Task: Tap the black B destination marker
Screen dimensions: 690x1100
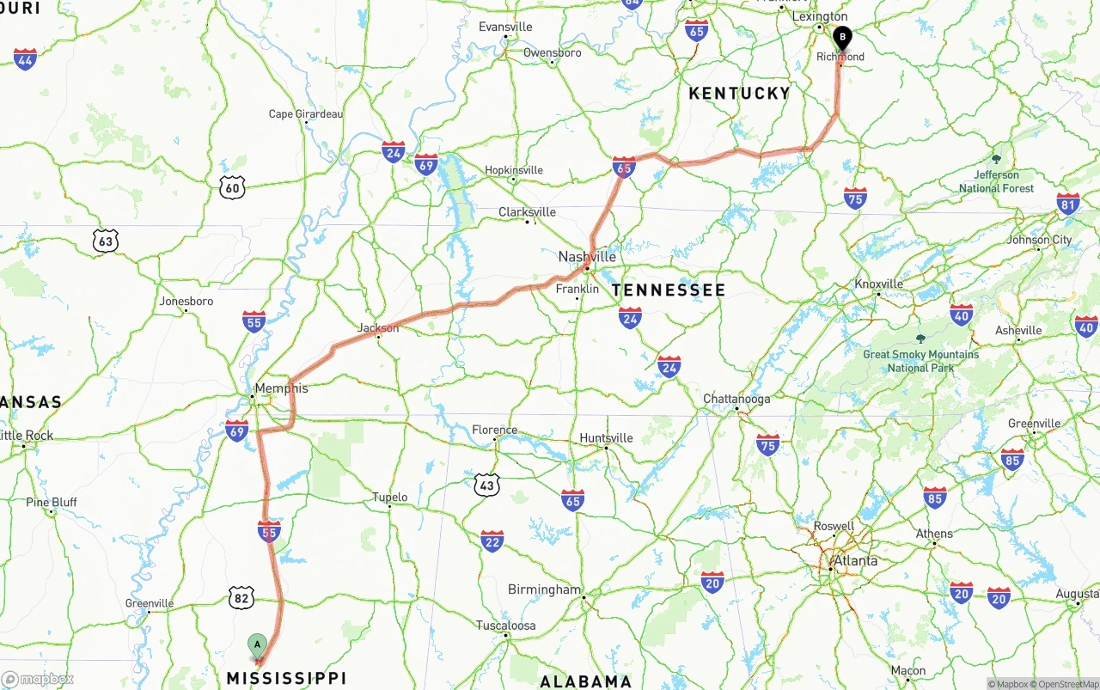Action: [x=843, y=38]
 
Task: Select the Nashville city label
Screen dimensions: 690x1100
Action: [x=587, y=257]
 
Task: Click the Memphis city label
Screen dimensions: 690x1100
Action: [x=281, y=388]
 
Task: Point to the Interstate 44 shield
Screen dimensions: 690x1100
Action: [x=26, y=59]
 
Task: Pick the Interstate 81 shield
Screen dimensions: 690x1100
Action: [x=1068, y=204]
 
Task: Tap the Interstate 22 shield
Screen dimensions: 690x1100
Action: [x=492, y=540]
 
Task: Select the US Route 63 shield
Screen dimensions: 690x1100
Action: [x=105, y=241]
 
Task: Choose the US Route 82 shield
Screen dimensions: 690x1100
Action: [x=241, y=597]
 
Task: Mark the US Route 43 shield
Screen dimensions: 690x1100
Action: [x=487, y=485]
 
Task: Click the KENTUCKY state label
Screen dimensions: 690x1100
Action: [x=739, y=94]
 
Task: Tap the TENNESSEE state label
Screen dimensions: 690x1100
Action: [x=669, y=290]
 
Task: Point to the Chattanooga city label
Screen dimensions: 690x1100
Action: [x=736, y=399]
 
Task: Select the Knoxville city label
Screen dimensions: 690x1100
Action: [x=878, y=284]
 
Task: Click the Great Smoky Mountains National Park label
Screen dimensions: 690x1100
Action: [x=920, y=361]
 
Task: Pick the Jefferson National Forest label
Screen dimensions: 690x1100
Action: [x=997, y=181]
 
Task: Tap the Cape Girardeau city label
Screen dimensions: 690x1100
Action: [x=305, y=113]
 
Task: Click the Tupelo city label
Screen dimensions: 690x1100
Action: [x=389, y=498]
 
